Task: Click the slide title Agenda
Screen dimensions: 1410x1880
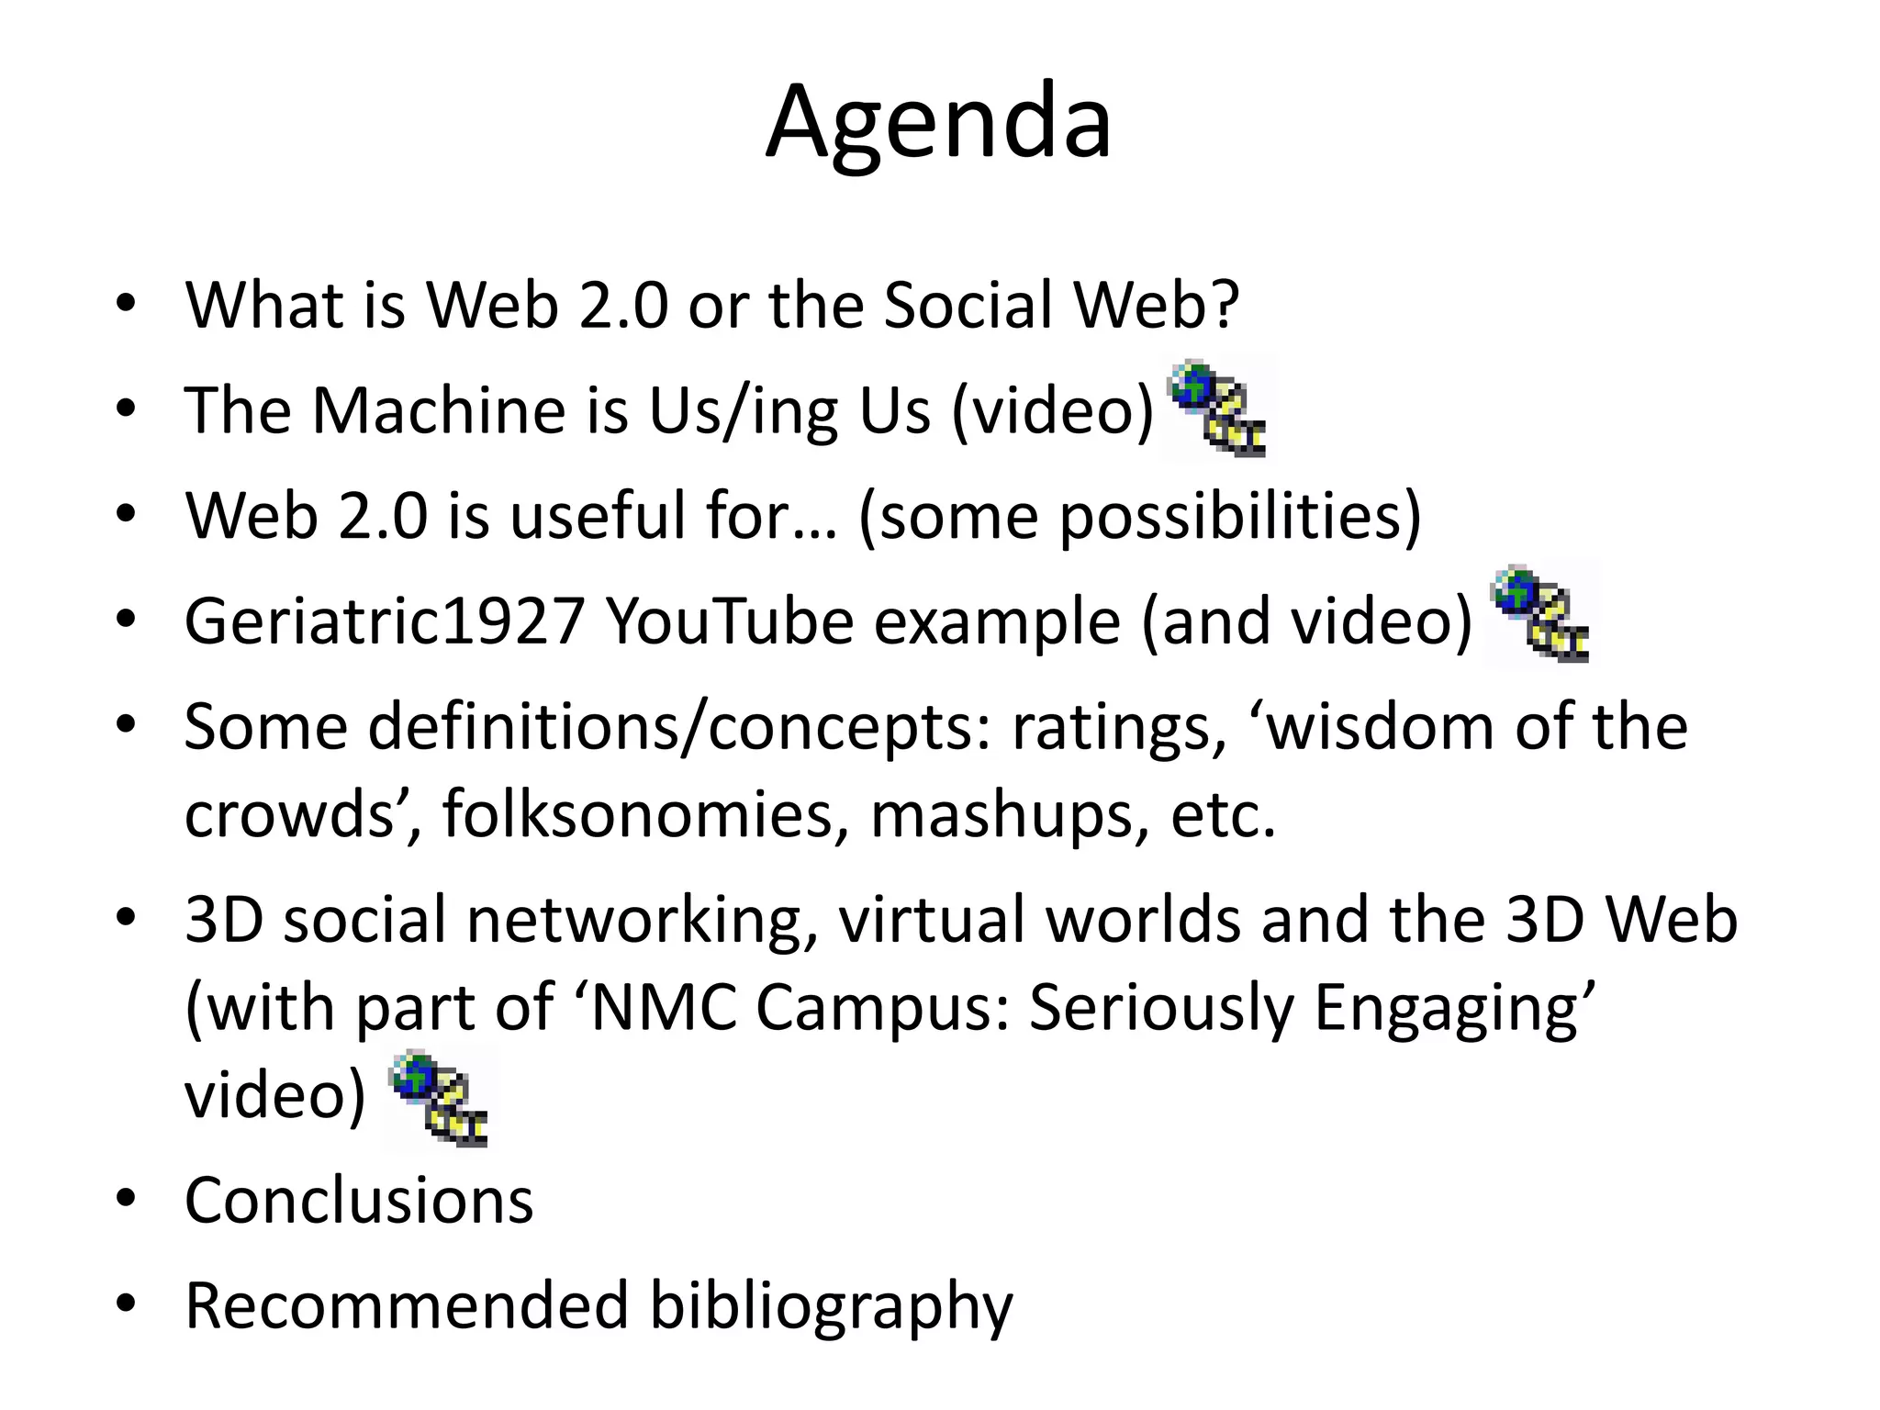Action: (938, 122)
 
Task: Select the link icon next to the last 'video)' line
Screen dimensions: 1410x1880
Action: (440, 1099)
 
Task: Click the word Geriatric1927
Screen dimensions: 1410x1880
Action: (385, 621)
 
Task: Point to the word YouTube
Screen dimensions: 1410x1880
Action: (729, 621)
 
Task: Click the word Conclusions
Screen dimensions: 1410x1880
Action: (359, 1200)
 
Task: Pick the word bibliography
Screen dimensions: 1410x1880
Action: (831, 1306)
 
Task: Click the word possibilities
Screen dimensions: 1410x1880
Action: (1230, 517)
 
